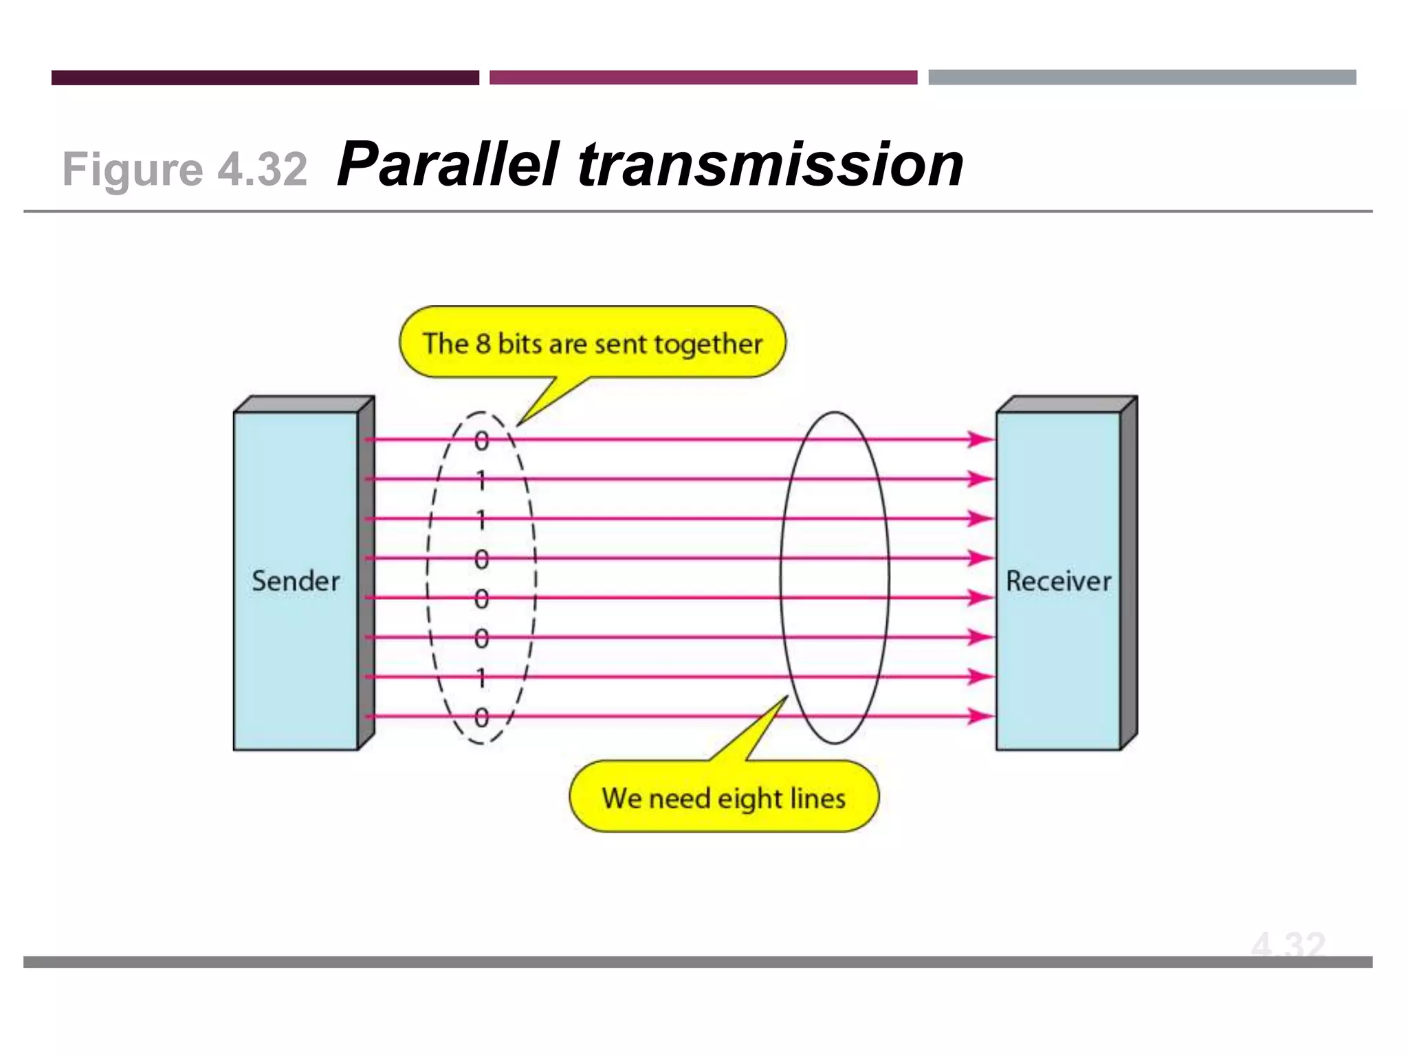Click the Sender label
point(296,581)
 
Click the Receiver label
point(1058,581)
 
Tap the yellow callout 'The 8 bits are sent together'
point(592,343)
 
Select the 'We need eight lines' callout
point(724,797)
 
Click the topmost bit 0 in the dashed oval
point(481,441)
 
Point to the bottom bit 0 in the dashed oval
point(481,717)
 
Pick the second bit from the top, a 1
point(481,480)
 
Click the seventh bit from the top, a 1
point(481,678)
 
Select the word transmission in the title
point(770,164)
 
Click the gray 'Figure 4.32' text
point(184,169)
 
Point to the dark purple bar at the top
point(265,78)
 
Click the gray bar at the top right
point(1142,78)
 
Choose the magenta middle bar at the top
point(703,78)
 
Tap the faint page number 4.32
point(1288,945)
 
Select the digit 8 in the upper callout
point(483,343)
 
